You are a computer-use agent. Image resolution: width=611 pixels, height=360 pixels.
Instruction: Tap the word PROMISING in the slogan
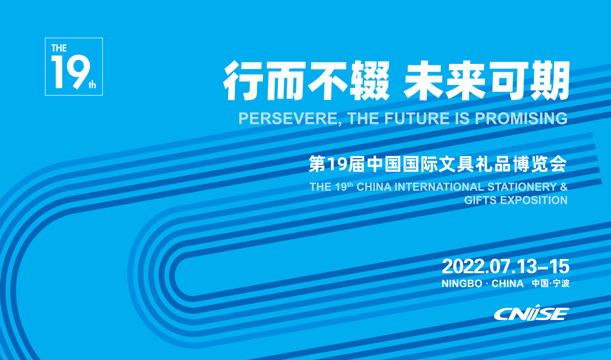point(521,119)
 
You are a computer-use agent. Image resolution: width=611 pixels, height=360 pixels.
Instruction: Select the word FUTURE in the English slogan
point(417,119)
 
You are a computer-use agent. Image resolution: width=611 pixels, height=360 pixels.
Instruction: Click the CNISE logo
point(532,313)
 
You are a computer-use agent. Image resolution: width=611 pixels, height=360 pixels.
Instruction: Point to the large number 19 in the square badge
point(71,72)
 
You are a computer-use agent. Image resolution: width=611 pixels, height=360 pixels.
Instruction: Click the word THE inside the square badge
point(59,48)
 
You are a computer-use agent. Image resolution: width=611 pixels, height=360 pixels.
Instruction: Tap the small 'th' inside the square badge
point(92,85)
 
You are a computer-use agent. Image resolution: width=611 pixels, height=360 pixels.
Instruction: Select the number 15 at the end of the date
point(559,266)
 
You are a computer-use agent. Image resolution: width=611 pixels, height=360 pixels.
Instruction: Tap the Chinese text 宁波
point(561,283)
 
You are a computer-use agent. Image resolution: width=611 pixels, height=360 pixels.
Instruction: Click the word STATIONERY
point(522,187)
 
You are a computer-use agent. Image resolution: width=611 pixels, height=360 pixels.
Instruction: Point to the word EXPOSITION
point(534,200)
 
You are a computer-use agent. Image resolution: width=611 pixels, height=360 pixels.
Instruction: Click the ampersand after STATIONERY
point(564,187)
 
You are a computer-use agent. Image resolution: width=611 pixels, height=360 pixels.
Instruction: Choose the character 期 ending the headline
point(550,80)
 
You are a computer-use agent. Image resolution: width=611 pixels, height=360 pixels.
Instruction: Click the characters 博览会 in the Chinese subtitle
point(540,164)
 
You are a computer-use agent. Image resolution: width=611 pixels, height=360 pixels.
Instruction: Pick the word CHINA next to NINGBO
point(507,283)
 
